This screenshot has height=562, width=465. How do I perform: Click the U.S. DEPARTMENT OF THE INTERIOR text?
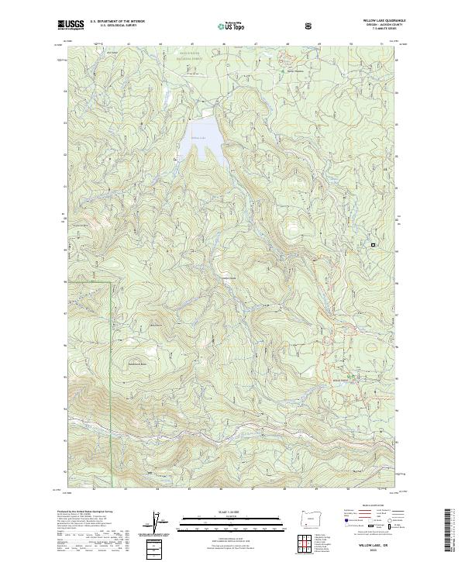pyautogui.click(x=117, y=22)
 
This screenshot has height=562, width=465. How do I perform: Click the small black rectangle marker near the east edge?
pyautogui.click(x=373, y=244)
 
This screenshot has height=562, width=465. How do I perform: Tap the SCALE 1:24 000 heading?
pyautogui.click(x=232, y=510)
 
